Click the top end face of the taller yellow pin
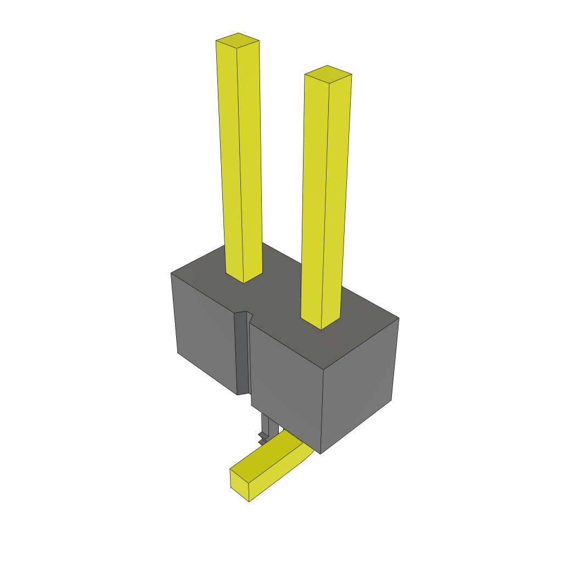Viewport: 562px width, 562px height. click(x=237, y=41)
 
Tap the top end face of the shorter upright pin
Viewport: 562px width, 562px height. click(x=328, y=74)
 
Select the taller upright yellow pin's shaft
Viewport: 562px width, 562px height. click(x=240, y=159)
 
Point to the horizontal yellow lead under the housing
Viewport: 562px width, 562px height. click(x=269, y=467)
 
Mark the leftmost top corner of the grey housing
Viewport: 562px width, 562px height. click(x=171, y=273)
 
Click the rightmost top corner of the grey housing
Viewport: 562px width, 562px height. click(x=398, y=318)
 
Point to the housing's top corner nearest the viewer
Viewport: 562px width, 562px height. click(x=323, y=369)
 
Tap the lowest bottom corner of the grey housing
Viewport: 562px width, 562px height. click(x=321, y=453)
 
